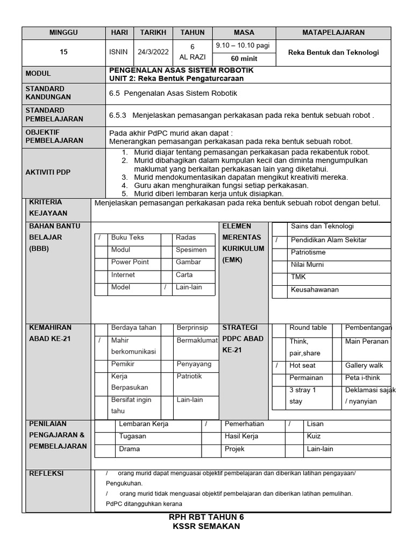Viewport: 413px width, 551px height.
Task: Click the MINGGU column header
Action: (x=63, y=32)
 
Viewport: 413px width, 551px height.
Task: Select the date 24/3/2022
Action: (x=153, y=52)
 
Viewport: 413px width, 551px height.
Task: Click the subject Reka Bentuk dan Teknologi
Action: (x=333, y=52)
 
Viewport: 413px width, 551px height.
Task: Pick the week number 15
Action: (x=63, y=52)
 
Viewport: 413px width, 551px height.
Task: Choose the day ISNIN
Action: (x=119, y=52)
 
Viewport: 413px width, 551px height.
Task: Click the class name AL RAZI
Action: (x=193, y=57)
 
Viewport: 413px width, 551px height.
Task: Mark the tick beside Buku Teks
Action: (x=100, y=238)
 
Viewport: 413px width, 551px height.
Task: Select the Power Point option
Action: (x=130, y=262)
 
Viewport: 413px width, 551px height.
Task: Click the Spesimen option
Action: (x=191, y=250)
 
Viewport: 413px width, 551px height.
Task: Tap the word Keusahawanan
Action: (x=315, y=289)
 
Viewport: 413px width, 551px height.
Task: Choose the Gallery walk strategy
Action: (x=364, y=365)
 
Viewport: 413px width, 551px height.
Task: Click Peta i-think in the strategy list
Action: (x=363, y=378)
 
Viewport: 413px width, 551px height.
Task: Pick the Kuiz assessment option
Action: (x=314, y=436)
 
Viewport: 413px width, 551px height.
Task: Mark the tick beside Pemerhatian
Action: (x=206, y=424)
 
